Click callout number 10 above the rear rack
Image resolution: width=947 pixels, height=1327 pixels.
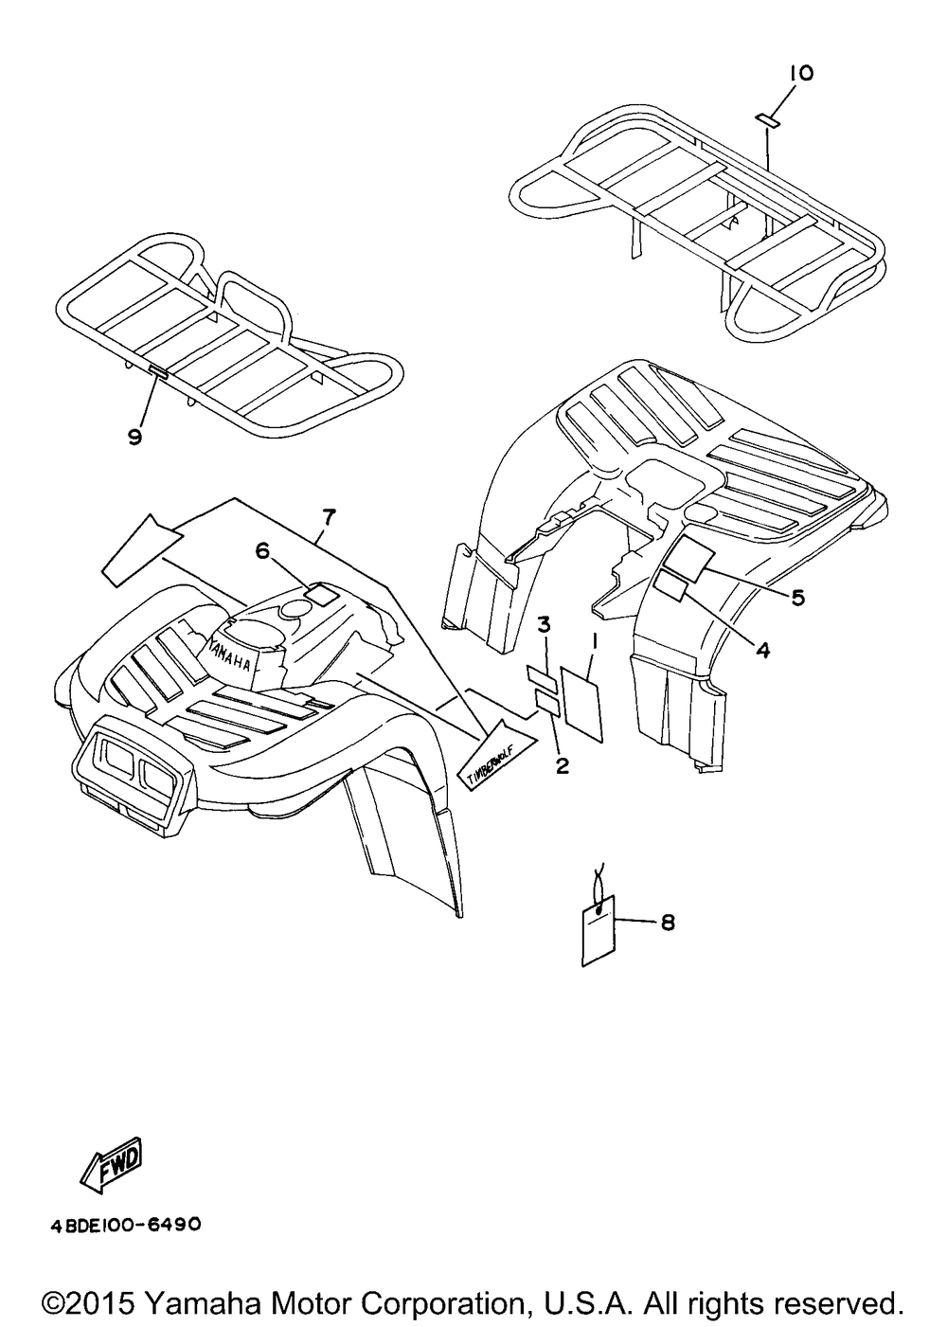[798, 73]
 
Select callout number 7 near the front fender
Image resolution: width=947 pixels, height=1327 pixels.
[329, 516]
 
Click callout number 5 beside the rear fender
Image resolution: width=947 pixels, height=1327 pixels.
[797, 597]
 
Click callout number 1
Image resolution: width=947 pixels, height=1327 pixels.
[594, 641]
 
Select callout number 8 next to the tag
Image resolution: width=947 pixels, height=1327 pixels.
[668, 921]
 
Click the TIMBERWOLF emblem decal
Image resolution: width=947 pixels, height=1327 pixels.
[491, 759]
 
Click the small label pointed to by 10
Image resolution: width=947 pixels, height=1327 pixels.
[767, 119]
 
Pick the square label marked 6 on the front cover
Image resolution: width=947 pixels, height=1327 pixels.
[321, 596]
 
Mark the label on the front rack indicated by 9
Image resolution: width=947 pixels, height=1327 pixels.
[158, 372]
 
